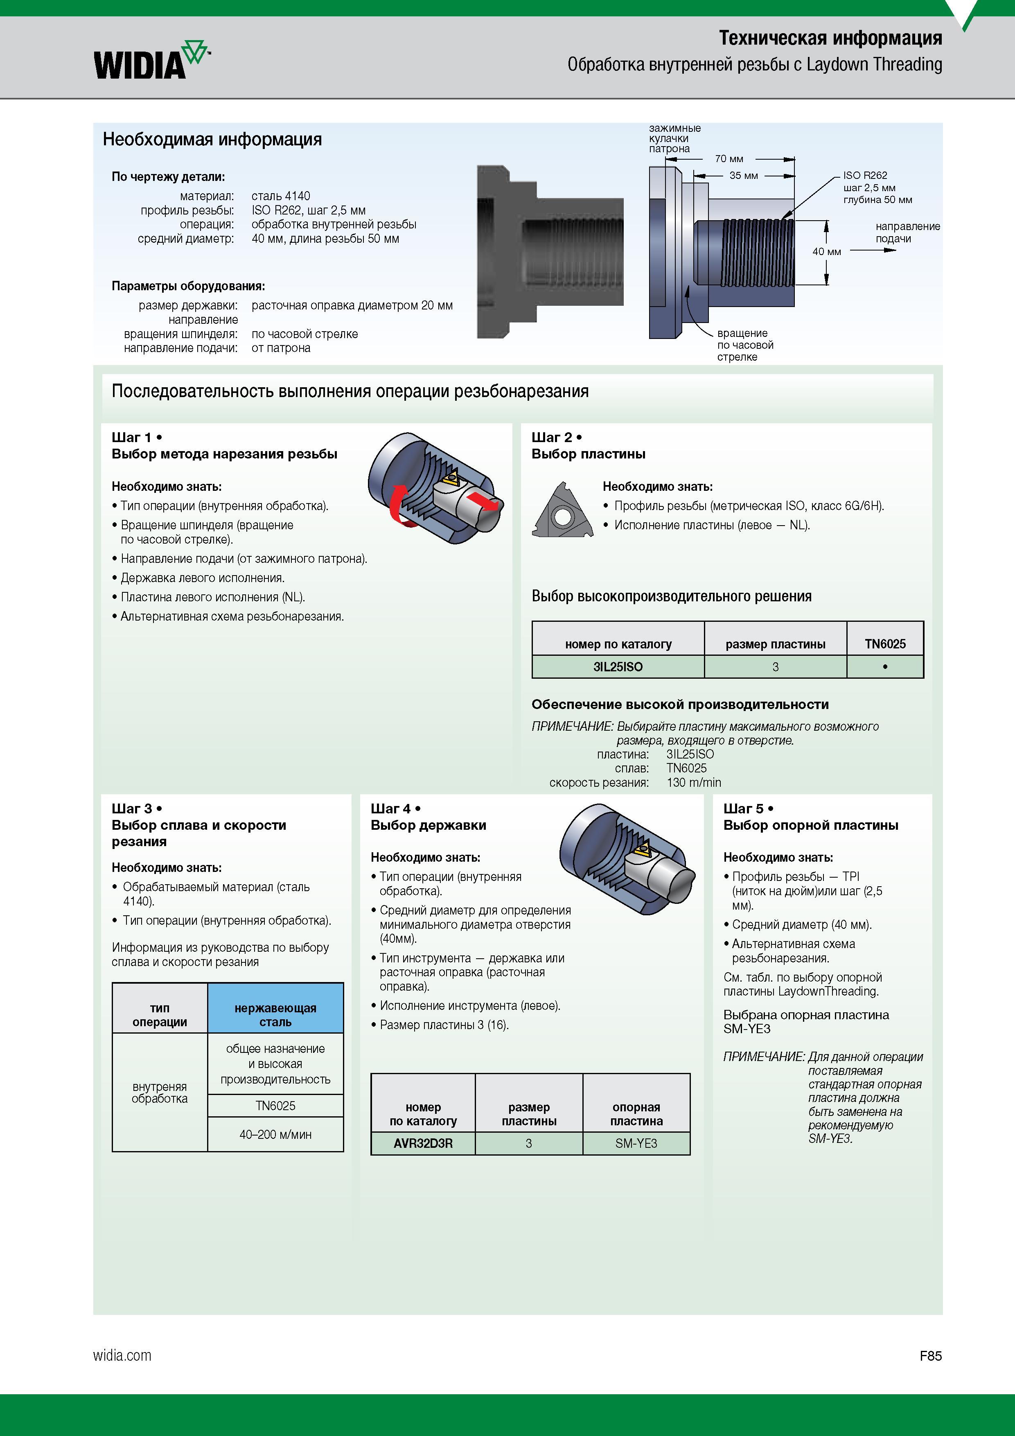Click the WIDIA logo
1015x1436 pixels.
tap(152, 60)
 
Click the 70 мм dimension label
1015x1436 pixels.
tap(729, 159)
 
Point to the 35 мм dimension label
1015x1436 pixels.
tap(744, 176)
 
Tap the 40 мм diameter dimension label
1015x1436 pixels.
tap(827, 251)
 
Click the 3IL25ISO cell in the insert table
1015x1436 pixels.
tap(618, 667)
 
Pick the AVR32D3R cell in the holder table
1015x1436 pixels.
tap(423, 1143)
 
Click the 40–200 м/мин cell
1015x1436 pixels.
tap(275, 1134)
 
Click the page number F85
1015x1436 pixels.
tap(931, 1356)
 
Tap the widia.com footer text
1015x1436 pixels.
tap(122, 1355)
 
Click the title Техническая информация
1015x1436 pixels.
tap(830, 38)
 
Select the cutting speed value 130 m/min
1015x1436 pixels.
tap(694, 782)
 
